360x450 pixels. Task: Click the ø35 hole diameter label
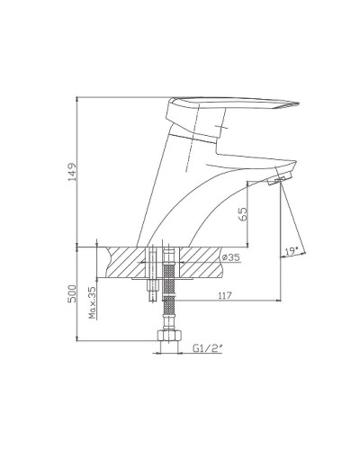pyautogui.click(x=230, y=258)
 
